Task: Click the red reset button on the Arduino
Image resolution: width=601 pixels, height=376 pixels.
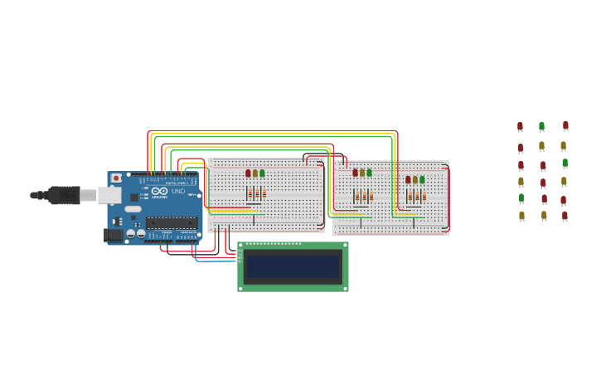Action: [116, 178]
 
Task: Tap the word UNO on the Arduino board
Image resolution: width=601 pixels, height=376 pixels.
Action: [178, 192]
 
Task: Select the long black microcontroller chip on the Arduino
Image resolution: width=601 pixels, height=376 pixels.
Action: [172, 222]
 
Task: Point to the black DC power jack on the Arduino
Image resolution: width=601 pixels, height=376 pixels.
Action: [113, 235]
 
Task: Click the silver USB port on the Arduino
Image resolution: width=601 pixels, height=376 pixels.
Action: [109, 195]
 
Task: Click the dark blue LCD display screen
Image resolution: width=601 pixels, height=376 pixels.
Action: [293, 266]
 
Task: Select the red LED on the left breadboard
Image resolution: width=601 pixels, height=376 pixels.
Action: [248, 173]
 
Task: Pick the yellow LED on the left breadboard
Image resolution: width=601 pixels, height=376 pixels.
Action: [255, 173]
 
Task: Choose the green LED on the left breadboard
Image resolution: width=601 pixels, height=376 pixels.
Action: [263, 173]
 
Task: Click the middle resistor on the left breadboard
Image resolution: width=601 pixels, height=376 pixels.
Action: [256, 193]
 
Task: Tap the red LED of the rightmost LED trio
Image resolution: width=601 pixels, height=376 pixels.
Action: [408, 179]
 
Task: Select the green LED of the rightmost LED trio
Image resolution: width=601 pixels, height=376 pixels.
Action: [422, 179]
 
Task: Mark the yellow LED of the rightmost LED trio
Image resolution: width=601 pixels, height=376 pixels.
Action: [415, 179]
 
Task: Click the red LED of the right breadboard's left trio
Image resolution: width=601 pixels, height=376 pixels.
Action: [355, 173]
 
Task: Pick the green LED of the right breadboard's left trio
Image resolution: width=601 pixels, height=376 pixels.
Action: [369, 173]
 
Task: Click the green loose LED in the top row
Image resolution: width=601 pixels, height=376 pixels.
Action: [541, 126]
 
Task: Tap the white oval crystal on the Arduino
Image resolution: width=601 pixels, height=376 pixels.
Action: [133, 209]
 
